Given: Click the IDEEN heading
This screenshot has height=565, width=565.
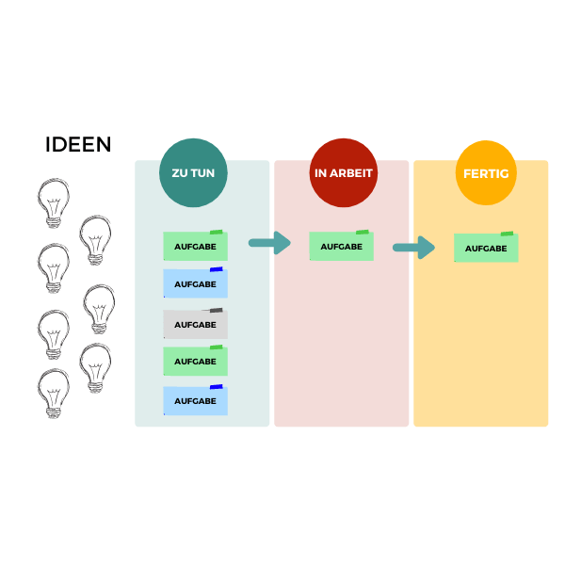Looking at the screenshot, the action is click(78, 144).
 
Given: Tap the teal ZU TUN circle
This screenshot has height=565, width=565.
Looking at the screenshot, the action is click(193, 172).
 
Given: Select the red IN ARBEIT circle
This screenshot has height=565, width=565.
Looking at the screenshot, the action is click(344, 172).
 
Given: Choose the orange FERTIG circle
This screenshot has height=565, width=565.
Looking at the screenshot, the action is click(486, 172).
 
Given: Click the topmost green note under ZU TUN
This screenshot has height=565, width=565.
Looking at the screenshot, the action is click(195, 246).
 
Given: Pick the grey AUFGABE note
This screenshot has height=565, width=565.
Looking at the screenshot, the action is click(195, 324).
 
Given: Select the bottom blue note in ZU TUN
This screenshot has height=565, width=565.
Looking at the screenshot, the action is click(195, 400).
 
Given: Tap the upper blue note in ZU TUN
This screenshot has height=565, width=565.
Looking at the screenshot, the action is click(195, 283).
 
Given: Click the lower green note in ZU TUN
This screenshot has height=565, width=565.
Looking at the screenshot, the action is click(195, 361).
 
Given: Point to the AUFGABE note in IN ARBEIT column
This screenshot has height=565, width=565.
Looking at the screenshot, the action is click(341, 246).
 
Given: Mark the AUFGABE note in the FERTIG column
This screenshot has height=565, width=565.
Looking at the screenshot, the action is click(486, 248).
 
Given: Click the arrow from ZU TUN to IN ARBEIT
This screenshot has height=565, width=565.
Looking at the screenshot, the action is click(269, 243).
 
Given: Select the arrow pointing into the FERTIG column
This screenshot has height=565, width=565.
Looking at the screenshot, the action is click(413, 247).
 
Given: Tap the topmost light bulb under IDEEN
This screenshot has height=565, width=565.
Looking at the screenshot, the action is click(54, 202).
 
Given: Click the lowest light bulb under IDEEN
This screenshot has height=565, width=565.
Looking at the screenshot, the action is click(54, 393).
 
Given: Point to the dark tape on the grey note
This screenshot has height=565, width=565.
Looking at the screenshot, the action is click(216, 310).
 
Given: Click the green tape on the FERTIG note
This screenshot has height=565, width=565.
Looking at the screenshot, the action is click(507, 234).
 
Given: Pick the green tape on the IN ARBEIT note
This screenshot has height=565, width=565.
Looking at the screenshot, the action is click(363, 232).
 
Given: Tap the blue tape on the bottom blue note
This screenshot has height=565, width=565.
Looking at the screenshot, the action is click(217, 387).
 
